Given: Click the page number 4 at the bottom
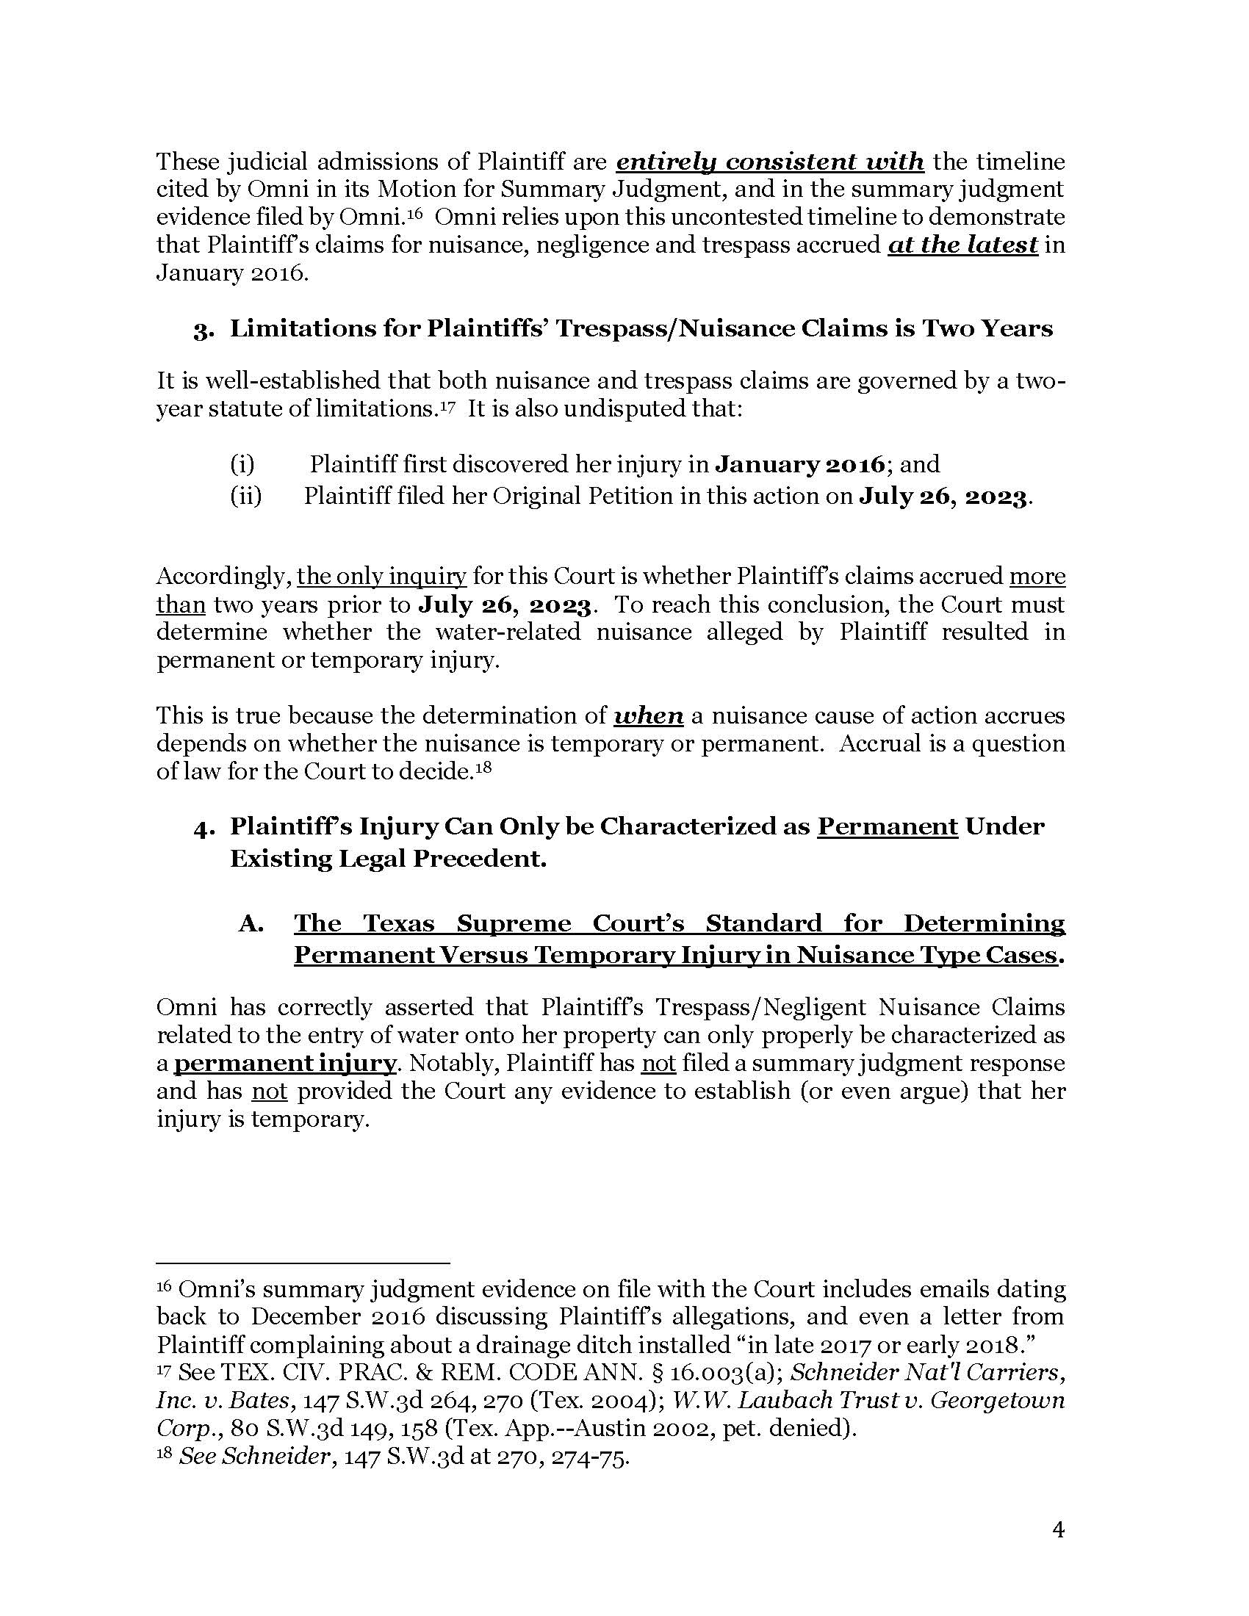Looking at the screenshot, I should click(1058, 1529).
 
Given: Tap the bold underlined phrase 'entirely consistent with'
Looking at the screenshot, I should click(769, 162).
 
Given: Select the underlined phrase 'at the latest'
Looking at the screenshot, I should click(962, 245).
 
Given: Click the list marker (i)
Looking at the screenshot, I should click(242, 465).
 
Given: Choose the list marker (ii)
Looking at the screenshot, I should click(246, 496).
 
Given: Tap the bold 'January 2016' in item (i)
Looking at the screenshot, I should click(799, 465).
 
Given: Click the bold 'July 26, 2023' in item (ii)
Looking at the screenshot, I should click(943, 496).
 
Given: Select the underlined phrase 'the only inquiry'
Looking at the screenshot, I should click(382, 577).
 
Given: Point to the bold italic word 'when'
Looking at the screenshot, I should click(649, 715).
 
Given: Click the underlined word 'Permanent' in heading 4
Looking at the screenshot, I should click(888, 826).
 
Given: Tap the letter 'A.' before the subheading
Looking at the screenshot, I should click(251, 923).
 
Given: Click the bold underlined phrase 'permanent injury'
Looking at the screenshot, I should click(286, 1064).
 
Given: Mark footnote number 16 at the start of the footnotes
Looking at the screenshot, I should click(165, 1286).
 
